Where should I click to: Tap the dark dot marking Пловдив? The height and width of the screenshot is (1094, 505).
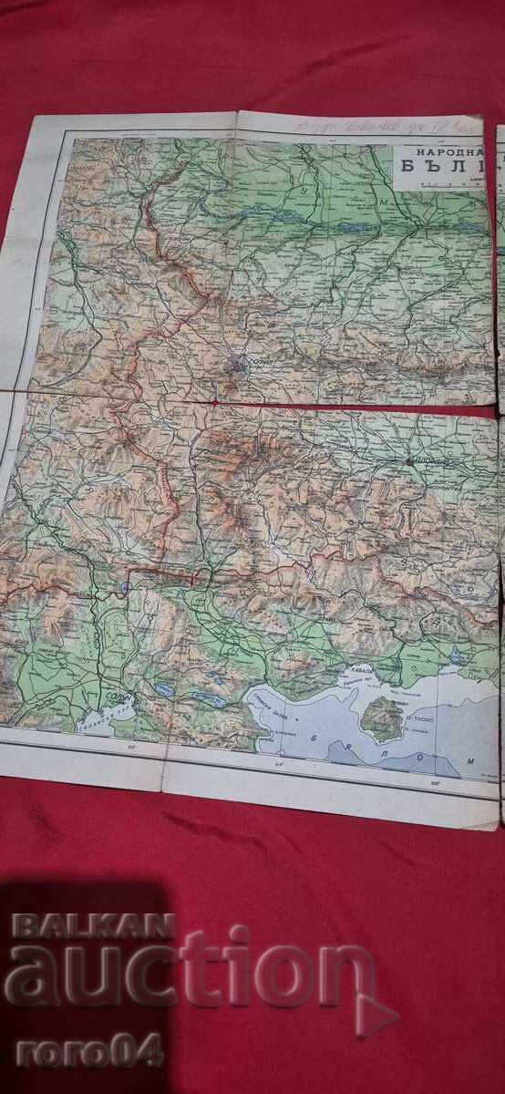coord(410,461)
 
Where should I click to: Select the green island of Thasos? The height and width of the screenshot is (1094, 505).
coord(384,719)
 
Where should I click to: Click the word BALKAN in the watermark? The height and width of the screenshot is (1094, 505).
coord(92,926)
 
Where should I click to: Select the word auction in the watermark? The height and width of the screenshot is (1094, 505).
coord(187,975)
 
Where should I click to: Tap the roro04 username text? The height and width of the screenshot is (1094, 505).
coord(88,1050)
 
